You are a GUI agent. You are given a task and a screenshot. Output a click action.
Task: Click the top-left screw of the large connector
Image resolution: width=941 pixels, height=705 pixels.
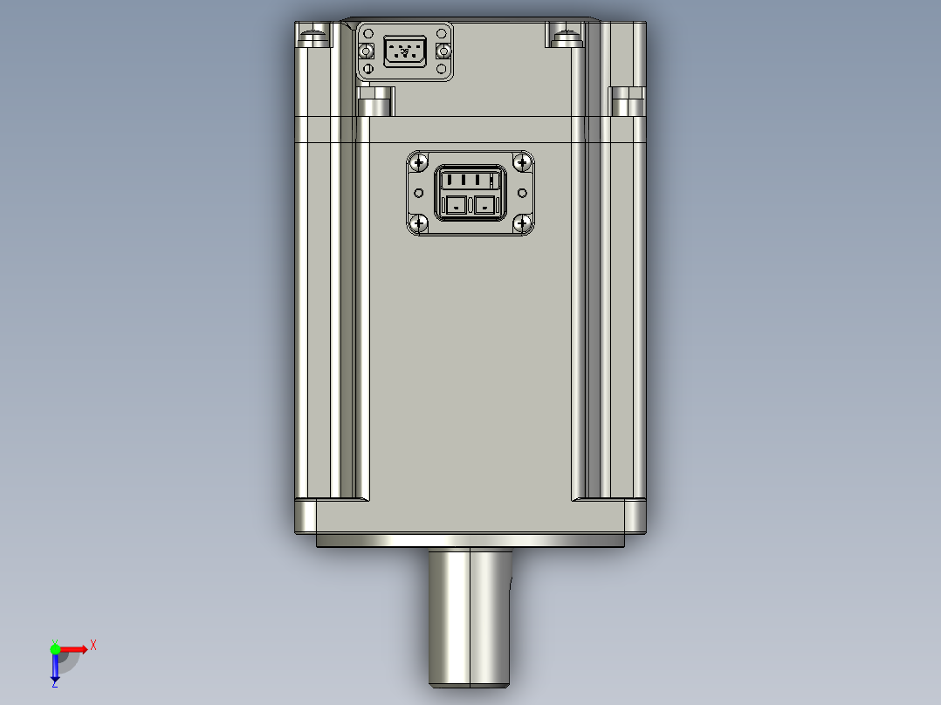419,163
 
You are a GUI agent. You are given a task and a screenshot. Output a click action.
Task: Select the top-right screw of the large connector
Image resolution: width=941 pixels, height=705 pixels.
522,163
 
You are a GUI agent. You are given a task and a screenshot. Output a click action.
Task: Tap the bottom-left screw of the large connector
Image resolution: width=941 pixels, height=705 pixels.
419,224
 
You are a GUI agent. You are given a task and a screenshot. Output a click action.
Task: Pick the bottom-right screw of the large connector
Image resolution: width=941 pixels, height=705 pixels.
522,224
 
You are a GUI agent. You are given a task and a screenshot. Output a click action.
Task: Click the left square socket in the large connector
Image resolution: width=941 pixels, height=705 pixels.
456,206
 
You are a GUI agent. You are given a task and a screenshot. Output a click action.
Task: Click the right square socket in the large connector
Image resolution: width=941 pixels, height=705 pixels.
484,206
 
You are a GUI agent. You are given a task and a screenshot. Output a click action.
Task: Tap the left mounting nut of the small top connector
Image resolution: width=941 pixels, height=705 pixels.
367,53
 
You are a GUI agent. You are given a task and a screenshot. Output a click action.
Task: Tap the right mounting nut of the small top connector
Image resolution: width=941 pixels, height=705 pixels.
442,53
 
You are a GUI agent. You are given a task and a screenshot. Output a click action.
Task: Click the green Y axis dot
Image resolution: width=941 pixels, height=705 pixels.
55,648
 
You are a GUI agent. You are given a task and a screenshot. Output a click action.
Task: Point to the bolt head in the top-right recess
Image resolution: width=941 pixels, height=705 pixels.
566,37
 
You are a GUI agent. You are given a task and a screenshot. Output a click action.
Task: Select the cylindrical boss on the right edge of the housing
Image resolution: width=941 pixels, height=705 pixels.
627,105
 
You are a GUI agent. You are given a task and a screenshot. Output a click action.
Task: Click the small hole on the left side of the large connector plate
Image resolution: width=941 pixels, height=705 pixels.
418,193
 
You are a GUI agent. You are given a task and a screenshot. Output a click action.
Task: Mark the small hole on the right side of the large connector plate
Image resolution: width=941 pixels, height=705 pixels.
523,193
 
